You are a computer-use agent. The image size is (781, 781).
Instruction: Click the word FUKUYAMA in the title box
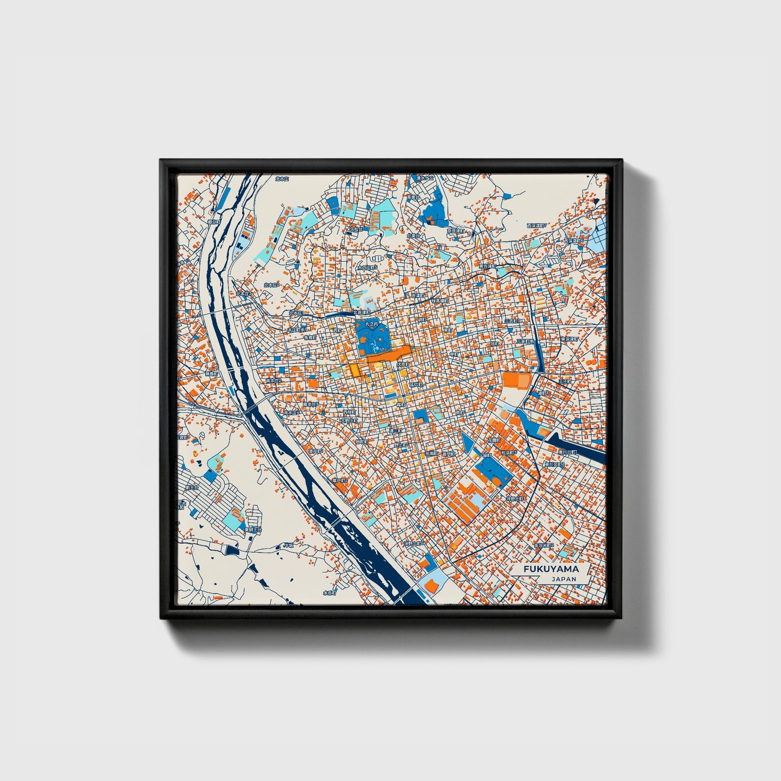[x=551, y=569]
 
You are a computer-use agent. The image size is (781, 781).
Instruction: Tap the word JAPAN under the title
[x=564, y=579]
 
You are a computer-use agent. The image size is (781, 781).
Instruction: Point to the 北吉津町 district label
[x=361, y=312]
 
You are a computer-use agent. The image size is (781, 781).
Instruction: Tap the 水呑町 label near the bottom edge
[x=330, y=592]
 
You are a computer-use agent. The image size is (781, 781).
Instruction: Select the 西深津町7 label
[x=537, y=225]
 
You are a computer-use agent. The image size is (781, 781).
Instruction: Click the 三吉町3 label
[x=512, y=321]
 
